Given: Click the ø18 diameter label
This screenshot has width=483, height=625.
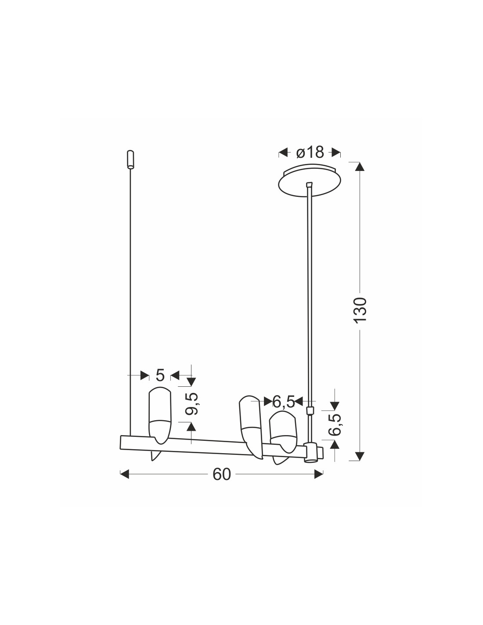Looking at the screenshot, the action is (x=310, y=152).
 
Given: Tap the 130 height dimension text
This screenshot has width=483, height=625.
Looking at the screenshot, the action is (x=360, y=310).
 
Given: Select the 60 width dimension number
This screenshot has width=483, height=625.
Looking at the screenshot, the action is (x=222, y=474).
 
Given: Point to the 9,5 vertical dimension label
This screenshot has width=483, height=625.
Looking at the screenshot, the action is (x=191, y=403).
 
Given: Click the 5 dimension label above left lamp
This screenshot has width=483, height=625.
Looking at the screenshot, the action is (x=160, y=375).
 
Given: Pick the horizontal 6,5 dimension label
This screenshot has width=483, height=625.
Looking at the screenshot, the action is (x=284, y=402).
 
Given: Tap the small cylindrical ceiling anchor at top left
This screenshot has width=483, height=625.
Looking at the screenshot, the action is (x=130, y=160).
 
